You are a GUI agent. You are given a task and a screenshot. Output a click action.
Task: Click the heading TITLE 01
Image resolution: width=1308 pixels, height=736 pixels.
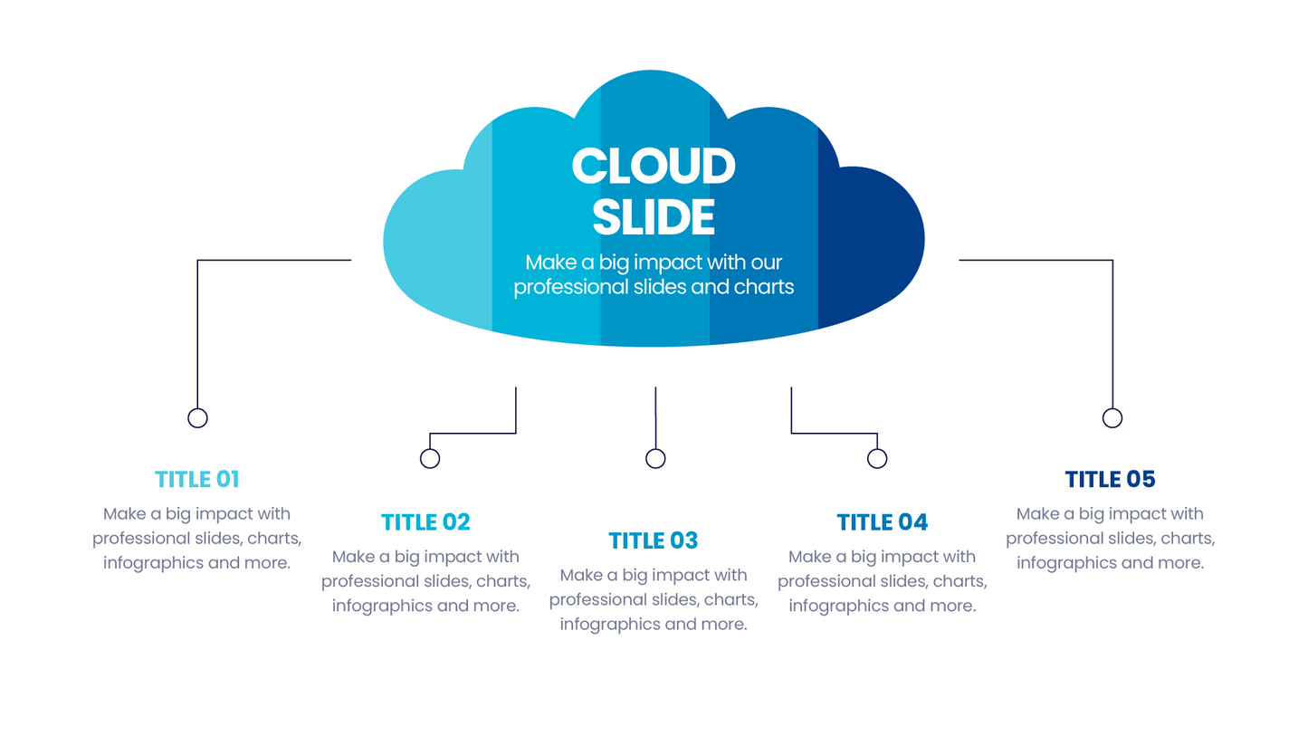pos(196,480)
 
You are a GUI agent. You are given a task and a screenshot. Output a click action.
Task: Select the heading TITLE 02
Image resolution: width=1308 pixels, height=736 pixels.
pos(425,522)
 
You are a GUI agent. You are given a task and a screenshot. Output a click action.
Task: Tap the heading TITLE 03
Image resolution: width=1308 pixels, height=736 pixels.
pos(654,540)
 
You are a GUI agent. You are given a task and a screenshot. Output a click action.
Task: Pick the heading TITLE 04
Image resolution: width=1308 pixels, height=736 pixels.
pos(883,522)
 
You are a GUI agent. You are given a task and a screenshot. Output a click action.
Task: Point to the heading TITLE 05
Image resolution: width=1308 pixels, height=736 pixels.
pos(1110,480)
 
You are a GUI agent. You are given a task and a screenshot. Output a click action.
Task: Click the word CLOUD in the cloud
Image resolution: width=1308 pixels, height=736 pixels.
pos(654,166)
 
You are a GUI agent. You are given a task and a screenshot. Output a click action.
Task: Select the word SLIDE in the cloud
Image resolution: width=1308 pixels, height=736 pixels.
pos(654,216)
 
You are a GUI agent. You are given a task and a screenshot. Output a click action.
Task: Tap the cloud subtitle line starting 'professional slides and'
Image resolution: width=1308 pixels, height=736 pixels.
pos(654,287)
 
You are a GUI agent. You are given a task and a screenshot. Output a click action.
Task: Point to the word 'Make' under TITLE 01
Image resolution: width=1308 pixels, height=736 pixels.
pos(124,514)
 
